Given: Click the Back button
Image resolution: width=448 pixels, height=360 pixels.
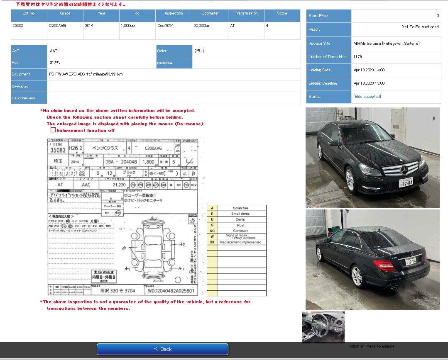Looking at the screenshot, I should pos(162,349).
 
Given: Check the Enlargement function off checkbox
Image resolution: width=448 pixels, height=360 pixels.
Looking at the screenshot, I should pos(53,130).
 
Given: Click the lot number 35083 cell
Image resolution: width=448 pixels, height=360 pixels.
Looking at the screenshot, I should pos(18,26).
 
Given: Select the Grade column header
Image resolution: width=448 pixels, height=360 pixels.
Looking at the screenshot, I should pos(65,13).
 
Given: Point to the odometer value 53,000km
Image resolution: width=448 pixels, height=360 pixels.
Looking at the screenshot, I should pos(202,26).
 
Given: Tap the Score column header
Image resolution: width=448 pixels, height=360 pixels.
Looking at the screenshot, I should pos(282,13).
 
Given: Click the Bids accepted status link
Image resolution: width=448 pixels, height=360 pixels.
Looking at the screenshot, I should pos(367,97).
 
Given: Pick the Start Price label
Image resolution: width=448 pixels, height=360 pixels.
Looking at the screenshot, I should pos(318,16).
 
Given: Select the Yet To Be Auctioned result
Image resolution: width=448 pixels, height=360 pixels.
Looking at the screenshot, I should pos(420,27).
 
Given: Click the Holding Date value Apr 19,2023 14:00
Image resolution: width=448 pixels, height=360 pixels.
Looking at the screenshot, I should pos(369,70).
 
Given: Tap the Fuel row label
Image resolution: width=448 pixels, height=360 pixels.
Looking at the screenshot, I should pos(16,63).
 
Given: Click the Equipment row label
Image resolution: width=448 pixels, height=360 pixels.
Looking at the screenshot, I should pos(21,74).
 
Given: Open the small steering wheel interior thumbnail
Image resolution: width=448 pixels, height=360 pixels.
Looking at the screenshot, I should pos(323,327).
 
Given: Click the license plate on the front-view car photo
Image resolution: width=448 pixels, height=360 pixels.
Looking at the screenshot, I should pos(406,182).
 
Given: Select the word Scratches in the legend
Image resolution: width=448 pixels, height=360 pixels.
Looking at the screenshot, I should pos(241,208).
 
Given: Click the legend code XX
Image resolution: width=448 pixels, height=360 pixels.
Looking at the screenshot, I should pos(212,242).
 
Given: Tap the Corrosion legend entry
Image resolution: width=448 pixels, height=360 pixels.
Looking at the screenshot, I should pos(241,231).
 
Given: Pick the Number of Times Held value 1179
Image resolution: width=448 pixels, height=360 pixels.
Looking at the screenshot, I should pos(357,57).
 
